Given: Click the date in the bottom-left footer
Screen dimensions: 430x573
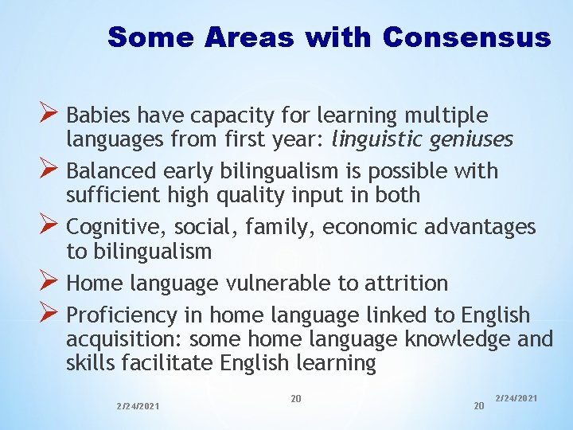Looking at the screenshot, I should (x=137, y=406).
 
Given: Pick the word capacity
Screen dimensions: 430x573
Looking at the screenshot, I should (x=231, y=115).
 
